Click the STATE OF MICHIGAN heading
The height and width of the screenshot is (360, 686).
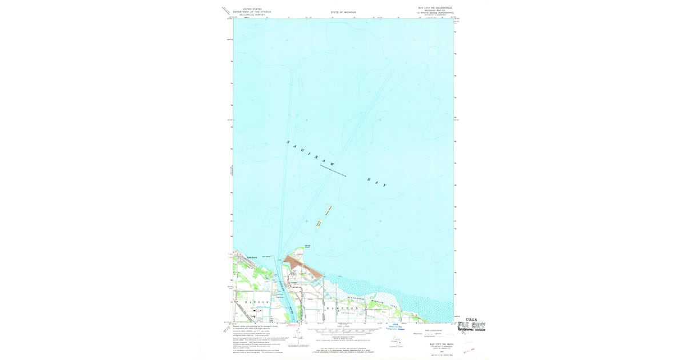coord(343,12)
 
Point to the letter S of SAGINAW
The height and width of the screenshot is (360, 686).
coord(288,141)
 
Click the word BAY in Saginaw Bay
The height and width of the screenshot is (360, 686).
coord(377,182)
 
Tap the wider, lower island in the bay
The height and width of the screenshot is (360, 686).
coord(318,223)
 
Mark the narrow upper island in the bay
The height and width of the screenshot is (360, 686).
coord(328,210)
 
